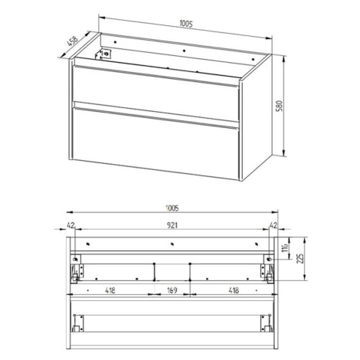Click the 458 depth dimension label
72,41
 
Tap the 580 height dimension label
280,106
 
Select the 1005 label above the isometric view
186,24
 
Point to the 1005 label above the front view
172,208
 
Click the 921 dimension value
172,225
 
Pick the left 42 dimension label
70,225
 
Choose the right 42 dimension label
273,225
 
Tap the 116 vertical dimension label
286,247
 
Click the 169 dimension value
172,290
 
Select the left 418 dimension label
110,290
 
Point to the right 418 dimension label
234,290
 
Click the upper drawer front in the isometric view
155,93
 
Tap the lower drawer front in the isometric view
155,142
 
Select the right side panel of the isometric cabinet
256,118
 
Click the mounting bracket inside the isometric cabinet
103,54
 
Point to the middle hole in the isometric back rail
185,51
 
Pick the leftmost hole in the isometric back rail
115,42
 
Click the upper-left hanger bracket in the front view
75,259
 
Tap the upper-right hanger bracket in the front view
269,259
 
